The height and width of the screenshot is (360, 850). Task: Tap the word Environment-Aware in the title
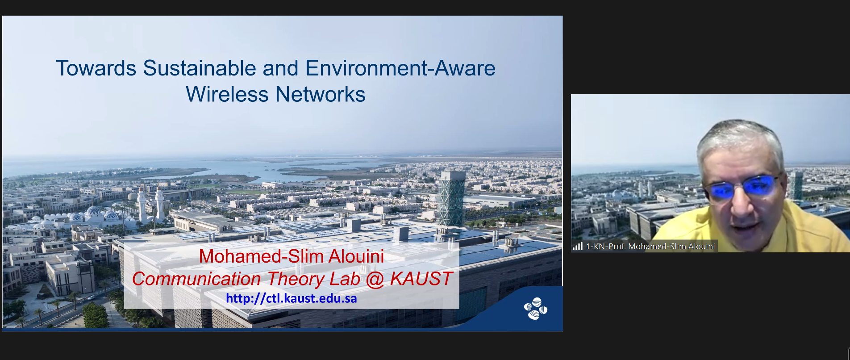(x=400, y=68)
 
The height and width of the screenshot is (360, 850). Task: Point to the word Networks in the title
(x=321, y=94)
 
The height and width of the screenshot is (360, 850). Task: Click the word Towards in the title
(x=96, y=68)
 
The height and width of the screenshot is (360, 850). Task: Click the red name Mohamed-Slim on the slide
(x=261, y=256)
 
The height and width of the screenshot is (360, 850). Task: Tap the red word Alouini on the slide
(x=356, y=256)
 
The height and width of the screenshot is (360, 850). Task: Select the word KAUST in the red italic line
(x=421, y=279)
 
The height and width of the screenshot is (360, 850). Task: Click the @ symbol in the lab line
(x=375, y=280)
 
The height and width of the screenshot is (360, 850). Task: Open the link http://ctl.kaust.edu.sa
(x=292, y=298)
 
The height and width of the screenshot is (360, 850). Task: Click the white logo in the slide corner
(x=535, y=309)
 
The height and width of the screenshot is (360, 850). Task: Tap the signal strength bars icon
(x=578, y=246)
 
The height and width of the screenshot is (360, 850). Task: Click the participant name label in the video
(x=650, y=246)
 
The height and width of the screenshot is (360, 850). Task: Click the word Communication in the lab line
(x=196, y=279)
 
